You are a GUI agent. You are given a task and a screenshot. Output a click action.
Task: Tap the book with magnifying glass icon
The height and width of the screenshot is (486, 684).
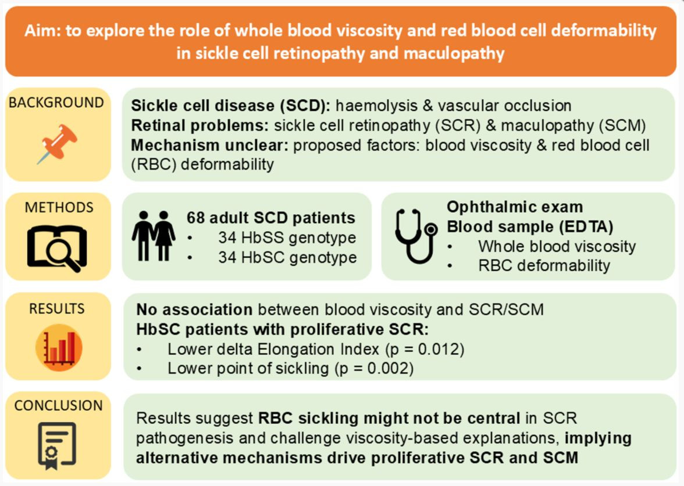click(x=57, y=248)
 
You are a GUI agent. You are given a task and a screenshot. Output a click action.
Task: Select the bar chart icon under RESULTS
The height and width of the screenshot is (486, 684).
click(x=59, y=347)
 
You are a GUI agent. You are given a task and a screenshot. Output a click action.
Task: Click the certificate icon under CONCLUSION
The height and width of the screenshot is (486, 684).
click(x=57, y=445)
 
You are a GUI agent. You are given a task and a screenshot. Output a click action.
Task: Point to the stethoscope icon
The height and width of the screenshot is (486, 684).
click(x=416, y=236)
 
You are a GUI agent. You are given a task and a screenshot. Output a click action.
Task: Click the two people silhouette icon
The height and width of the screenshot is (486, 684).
click(x=154, y=236)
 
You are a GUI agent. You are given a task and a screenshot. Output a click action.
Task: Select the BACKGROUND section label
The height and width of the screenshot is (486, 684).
click(x=56, y=103)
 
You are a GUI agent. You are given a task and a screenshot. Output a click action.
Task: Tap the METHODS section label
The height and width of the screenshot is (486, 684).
click(x=59, y=207)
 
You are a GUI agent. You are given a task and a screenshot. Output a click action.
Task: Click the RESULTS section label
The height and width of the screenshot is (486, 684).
click(x=57, y=309)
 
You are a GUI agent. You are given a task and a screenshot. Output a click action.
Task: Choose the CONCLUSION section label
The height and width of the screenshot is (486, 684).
click(x=58, y=405)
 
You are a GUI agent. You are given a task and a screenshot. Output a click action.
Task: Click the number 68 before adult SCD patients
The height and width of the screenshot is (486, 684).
click(x=196, y=218)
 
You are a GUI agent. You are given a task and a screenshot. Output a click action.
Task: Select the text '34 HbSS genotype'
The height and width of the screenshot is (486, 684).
click(x=287, y=238)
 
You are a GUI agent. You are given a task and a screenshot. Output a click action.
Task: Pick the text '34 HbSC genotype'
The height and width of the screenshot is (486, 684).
click(x=287, y=258)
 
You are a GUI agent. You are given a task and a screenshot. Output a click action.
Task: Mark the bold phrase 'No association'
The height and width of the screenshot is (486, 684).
click(x=194, y=309)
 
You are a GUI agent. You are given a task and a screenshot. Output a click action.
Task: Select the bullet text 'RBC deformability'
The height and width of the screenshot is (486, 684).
click(x=544, y=266)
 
